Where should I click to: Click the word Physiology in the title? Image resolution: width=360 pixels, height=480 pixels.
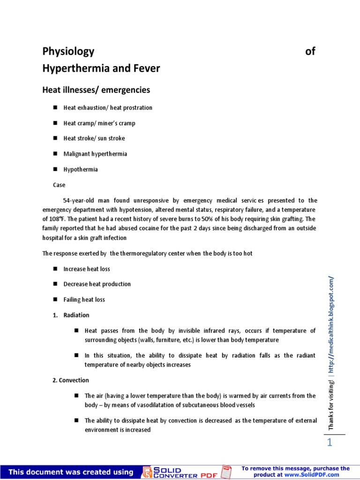68,52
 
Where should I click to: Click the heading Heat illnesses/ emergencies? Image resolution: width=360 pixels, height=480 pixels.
96,90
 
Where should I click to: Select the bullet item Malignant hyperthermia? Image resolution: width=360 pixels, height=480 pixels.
95,154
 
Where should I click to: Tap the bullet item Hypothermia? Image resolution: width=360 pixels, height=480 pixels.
81,169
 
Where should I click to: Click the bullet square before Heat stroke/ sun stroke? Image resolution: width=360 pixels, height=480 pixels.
55,138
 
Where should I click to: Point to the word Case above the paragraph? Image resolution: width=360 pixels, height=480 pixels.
59,185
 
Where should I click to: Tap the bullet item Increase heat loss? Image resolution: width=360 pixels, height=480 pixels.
87,269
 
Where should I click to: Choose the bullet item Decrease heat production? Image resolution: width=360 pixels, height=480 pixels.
97,284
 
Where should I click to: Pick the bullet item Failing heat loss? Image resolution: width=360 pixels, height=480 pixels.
84,300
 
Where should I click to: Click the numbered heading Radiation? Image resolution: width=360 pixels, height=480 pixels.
76,315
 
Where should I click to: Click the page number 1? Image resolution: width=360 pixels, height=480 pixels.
330,443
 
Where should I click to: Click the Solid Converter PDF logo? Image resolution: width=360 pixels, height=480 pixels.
187,472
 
